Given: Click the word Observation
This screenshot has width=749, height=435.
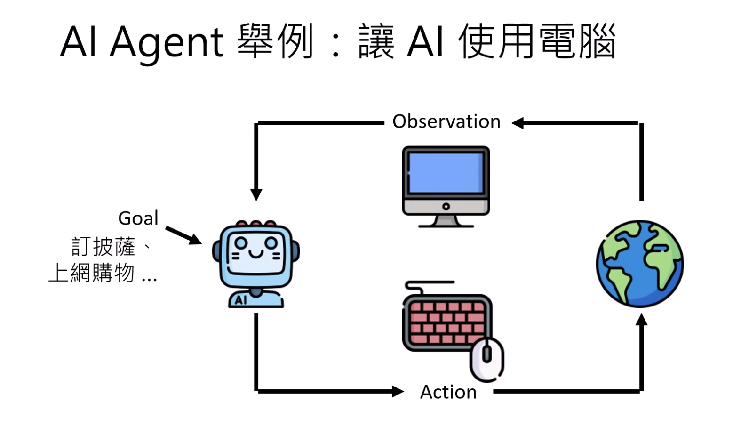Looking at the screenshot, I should coord(446,121).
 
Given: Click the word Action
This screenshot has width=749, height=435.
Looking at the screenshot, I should coord(448,392).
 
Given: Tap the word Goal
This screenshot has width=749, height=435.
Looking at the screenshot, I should coord(138,218).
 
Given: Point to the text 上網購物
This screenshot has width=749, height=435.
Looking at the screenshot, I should coord(92,273).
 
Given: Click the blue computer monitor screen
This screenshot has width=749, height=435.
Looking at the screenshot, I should coord(446,173).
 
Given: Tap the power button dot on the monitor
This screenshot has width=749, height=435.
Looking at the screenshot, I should coord(446,206).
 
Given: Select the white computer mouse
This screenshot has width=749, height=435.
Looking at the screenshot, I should coord(487,359).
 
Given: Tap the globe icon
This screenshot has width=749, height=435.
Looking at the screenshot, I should coord(640,264).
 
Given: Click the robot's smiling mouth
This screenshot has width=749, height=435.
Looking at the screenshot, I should coord(256,254).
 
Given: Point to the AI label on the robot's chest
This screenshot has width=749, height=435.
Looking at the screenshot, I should coord(241,300).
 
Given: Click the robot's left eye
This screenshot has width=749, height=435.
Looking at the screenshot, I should coord(240,243).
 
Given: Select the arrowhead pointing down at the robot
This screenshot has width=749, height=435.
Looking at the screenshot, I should coord(256,194).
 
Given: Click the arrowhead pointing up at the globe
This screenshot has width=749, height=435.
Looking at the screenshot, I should coord(641,321).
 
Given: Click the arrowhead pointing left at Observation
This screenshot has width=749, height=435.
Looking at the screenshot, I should coord(518,123).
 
